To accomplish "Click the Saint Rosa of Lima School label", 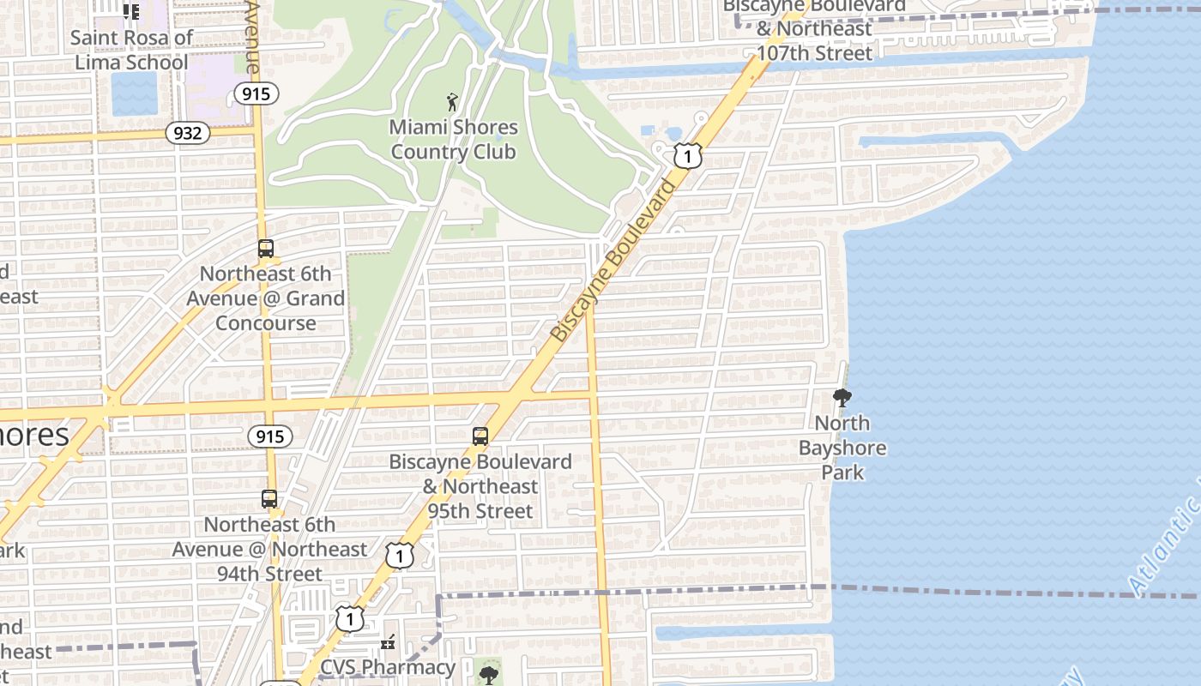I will coord(131,50).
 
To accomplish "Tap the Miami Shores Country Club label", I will coord(453,140).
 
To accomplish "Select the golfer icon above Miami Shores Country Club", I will coord(452,103).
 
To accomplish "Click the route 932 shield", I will coord(187,132).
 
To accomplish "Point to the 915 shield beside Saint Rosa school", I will coord(256,93).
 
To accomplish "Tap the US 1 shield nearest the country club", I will coord(687,155).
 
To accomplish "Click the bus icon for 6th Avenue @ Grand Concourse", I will coord(266,250).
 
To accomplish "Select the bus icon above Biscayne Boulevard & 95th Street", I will coord(480,436).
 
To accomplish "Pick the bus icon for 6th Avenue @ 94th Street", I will coord(269,499).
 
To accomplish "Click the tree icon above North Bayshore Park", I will coord(842,398).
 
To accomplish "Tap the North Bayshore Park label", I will coord(842,448).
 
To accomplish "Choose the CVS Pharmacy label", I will coord(388,667).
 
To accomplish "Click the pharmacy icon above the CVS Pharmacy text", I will coord(388,641).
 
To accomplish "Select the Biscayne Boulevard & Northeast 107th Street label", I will coord(814,29).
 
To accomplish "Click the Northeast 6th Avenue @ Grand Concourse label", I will coord(266,298).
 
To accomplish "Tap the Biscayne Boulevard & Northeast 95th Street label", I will coord(480,486).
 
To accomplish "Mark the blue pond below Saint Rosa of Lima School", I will coord(135,93).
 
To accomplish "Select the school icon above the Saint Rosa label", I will coord(130,12).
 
